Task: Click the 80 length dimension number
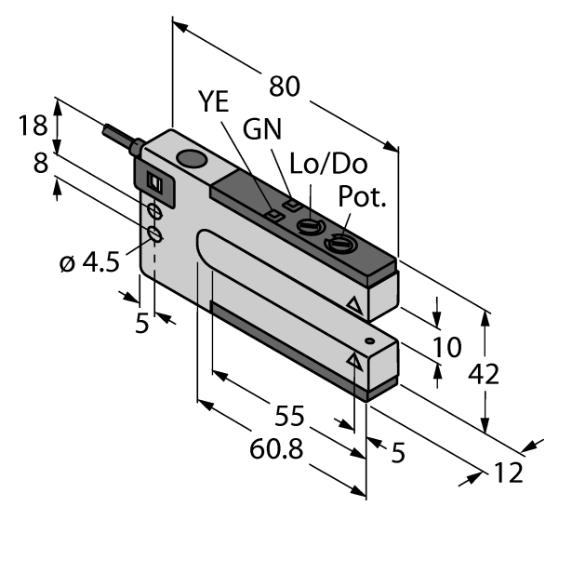pos(285,87)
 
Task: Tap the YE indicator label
pos(213,103)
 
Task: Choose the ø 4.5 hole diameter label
pos(89,263)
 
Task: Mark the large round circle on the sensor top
pos(192,160)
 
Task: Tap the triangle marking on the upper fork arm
pos(352,304)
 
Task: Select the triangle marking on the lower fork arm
pos(353,361)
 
